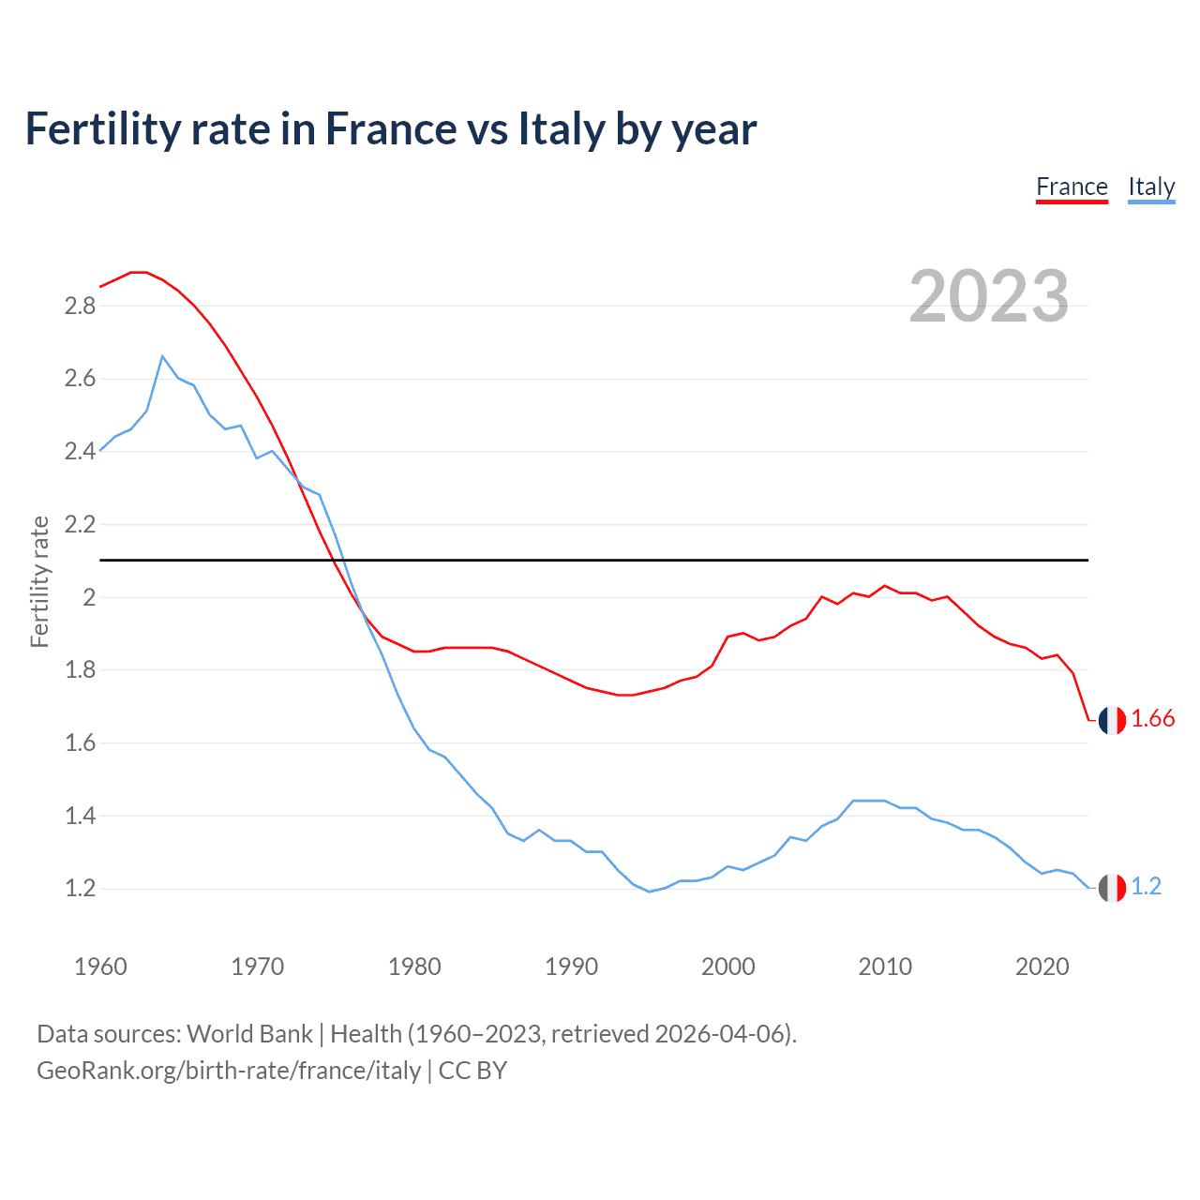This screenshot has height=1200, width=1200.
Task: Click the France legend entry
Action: pyautogui.click(x=1072, y=187)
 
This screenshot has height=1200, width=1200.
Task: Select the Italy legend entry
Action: pyautogui.click(x=1151, y=187)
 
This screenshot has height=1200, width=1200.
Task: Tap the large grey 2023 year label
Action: pyautogui.click(x=989, y=296)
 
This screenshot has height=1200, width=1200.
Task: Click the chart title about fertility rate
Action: pyautogui.click(x=391, y=129)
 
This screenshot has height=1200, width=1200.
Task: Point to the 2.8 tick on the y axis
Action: pyautogui.click(x=81, y=306)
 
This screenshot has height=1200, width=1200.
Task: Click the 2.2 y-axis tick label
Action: pyautogui.click(x=81, y=524)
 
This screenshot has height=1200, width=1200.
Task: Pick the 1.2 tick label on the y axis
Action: pyautogui.click(x=81, y=888)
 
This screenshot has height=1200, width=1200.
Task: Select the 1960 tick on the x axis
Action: pyautogui.click(x=100, y=967)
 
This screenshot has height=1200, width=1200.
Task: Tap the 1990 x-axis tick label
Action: pyautogui.click(x=571, y=967)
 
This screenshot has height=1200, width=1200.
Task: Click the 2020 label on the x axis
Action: pyautogui.click(x=1042, y=967)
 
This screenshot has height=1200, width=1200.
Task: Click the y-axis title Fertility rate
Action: pyautogui.click(x=39, y=581)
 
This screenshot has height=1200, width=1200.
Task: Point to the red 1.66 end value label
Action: pyautogui.click(x=1152, y=719)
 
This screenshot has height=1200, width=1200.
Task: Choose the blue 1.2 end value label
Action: pyautogui.click(x=1146, y=887)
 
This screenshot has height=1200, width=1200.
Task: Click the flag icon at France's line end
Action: pyautogui.click(x=1112, y=720)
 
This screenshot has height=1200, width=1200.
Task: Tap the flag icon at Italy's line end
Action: pyautogui.click(x=1112, y=888)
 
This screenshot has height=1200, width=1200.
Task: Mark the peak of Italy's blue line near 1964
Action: pyautogui.click(x=162, y=356)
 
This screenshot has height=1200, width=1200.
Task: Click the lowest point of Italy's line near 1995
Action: pyautogui.click(x=649, y=892)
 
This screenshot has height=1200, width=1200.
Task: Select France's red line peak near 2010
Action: pyautogui.click(x=884, y=586)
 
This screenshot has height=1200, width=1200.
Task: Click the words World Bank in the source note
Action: pyautogui.click(x=249, y=1034)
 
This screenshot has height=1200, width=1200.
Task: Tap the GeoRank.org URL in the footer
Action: pyautogui.click(x=229, y=1071)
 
